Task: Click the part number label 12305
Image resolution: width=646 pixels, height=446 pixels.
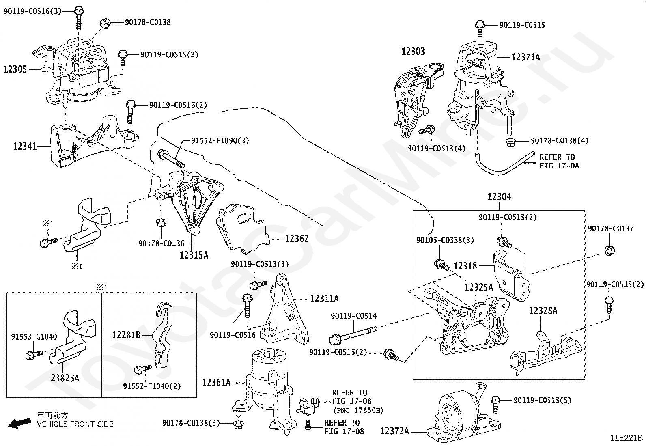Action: pos(15,69)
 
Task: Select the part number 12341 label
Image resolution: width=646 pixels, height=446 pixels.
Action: pos(25,146)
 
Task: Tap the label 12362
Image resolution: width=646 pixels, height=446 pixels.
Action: pos(297,239)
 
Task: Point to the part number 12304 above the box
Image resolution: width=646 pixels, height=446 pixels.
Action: pos(499,197)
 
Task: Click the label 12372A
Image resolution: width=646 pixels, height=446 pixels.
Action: pos(394,431)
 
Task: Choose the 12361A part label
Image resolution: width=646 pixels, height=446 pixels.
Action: pos(216,383)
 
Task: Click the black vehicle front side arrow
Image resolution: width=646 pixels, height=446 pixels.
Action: pos(19,423)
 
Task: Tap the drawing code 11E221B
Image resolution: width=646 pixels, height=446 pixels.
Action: pos(627,438)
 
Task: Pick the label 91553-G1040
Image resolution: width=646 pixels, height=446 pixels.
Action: pos(34,337)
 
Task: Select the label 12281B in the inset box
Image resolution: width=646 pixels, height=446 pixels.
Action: pos(126,335)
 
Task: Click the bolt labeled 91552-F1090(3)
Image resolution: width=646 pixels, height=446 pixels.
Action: pos(171,158)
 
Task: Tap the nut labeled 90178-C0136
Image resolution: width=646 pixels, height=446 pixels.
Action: pos(161,223)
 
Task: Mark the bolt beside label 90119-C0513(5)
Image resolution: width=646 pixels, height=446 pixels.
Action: pos(495,405)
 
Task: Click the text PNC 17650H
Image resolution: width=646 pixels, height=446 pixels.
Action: pos(358,410)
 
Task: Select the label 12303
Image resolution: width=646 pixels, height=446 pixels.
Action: pos(413,52)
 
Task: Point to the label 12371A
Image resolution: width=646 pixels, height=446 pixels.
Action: pos(525,57)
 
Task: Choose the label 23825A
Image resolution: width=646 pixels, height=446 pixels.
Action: pos(65,378)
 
